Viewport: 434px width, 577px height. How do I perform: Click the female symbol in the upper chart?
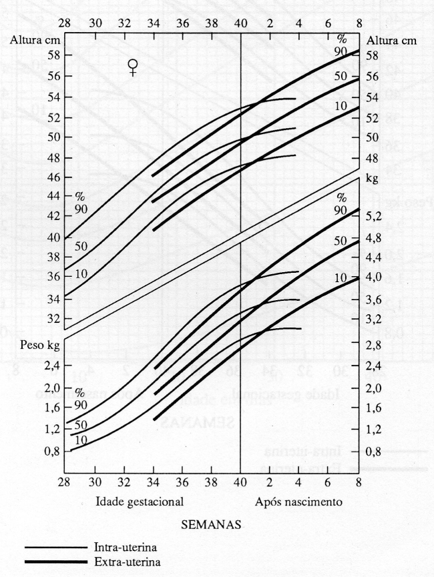click(134, 67)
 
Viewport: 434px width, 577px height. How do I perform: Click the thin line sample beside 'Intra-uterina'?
click(56, 547)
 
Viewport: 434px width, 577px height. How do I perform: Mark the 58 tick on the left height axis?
click(52, 56)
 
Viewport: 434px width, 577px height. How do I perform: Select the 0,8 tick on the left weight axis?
click(51, 452)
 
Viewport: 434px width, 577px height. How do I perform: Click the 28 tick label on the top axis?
click(65, 23)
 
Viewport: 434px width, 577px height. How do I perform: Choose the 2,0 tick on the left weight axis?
click(51, 388)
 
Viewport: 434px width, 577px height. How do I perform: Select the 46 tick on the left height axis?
click(52, 178)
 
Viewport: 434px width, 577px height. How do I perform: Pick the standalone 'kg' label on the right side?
click(372, 179)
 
